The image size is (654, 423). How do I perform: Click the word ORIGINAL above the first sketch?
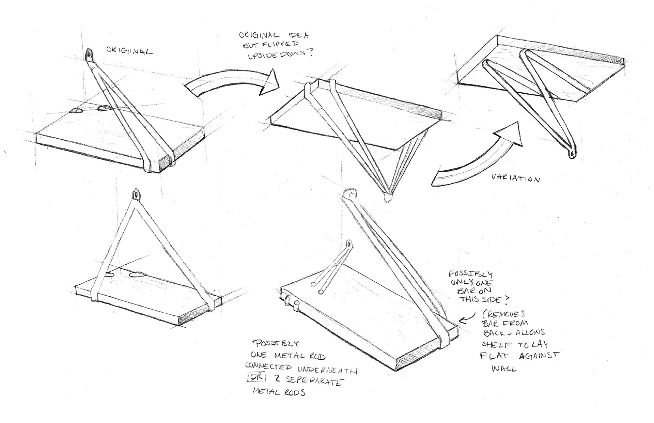(x=129, y=51)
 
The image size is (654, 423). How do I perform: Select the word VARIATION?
(x=515, y=178)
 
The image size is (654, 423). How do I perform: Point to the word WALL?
(x=504, y=369)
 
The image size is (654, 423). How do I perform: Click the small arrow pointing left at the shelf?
(x=465, y=319)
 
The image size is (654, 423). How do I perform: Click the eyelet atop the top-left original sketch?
(x=89, y=54)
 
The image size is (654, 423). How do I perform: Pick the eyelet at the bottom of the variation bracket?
(x=571, y=154)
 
